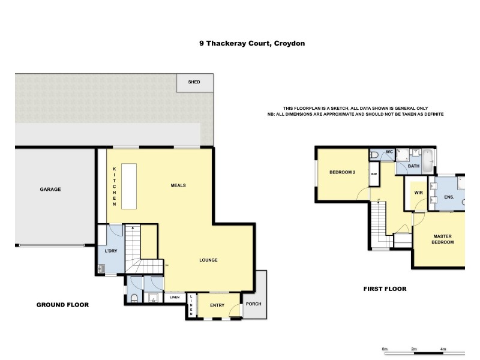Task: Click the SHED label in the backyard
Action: click(x=194, y=82)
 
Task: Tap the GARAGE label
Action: click(x=50, y=189)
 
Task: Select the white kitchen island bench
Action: click(x=128, y=186)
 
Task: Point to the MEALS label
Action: click(x=178, y=185)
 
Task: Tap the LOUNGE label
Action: click(x=208, y=260)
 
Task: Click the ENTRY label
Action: click(x=217, y=305)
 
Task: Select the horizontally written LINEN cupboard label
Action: click(x=175, y=297)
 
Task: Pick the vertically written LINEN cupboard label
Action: click(x=191, y=305)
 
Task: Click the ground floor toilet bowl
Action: click(x=135, y=298)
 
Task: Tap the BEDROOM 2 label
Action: click(x=343, y=172)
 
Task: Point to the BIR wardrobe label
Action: click(x=374, y=174)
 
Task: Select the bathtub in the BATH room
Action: click(x=428, y=158)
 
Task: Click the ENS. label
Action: click(x=449, y=197)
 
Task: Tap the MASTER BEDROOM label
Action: click(x=443, y=239)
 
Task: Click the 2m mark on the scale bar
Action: click(x=414, y=349)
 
